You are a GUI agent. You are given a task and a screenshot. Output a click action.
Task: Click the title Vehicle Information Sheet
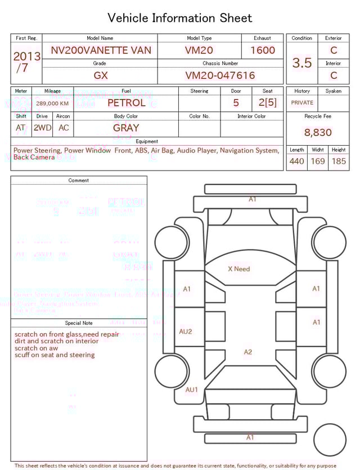tap(180, 18)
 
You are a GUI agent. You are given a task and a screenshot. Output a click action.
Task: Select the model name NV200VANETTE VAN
tap(101, 50)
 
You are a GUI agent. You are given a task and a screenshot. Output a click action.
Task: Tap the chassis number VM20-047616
tap(220, 75)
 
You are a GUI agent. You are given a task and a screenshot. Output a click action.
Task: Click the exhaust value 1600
tap(263, 50)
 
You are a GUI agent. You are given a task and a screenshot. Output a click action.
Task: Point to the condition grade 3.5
tap(301, 63)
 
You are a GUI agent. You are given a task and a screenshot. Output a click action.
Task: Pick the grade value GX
tap(101, 75)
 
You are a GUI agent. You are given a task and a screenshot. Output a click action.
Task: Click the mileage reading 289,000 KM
tap(52, 104)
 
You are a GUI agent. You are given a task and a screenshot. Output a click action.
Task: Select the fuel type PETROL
tap(126, 103)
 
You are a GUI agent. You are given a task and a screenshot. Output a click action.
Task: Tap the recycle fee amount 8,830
tap(318, 132)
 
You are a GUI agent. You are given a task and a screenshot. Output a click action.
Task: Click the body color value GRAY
tap(126, 128)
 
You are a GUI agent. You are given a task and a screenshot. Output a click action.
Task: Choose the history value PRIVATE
tap(302, 102)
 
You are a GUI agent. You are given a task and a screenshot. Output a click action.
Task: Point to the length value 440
tap(296, 162)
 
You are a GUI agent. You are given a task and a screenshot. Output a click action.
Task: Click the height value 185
tap(339, 162)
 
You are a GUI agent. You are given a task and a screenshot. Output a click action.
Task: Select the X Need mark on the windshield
tap(238, 269)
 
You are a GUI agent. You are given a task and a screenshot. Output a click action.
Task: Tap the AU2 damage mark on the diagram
tap(185, 332)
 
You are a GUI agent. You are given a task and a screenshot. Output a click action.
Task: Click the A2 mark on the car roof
tap(248, 352)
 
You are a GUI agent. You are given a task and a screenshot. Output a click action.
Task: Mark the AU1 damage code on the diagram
tap(192, 390)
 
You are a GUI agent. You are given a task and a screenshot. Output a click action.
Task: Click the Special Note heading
tap(79, 323)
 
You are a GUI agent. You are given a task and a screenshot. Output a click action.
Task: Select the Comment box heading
tap(79, 181)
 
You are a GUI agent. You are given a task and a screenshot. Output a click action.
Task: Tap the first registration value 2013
tap(26, 56)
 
